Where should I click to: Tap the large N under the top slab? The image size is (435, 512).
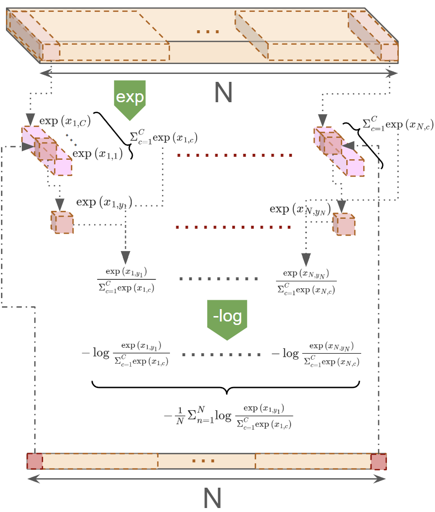point(223,93)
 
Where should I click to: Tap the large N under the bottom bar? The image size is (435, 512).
point(212,498)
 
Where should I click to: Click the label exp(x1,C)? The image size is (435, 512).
point(64,121)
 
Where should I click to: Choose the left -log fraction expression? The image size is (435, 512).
point(126,354)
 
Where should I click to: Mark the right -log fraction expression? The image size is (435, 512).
point(317,354)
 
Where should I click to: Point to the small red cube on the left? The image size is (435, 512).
point(62,221)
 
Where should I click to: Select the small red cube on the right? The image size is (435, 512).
point(344,224)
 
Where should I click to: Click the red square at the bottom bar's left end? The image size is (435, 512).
point(35,461)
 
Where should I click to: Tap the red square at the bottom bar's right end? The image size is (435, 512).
point(379,461)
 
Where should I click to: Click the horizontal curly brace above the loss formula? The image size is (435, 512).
point(226,387)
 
